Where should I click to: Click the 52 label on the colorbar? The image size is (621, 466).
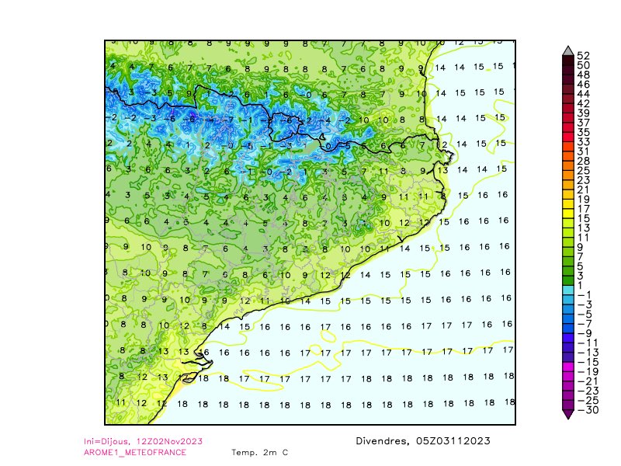tap(584, 55)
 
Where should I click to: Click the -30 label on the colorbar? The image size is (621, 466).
tap(586, 410)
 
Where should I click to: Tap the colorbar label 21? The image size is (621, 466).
tap(583, 190)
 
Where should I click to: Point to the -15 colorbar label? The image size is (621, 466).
tap(586, 362)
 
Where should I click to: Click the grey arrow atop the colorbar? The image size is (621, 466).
tap(568, 50)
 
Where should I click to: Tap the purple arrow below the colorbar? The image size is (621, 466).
tap(568, 415)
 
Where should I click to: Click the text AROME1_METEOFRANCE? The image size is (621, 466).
tap(135, 452)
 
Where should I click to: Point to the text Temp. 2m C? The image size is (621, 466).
tap(259, 452)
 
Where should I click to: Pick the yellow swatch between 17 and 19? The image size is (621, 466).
tap(568, 204)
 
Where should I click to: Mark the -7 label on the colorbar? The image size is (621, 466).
tap(586, 323)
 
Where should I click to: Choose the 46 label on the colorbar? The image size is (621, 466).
tap(583, 84)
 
